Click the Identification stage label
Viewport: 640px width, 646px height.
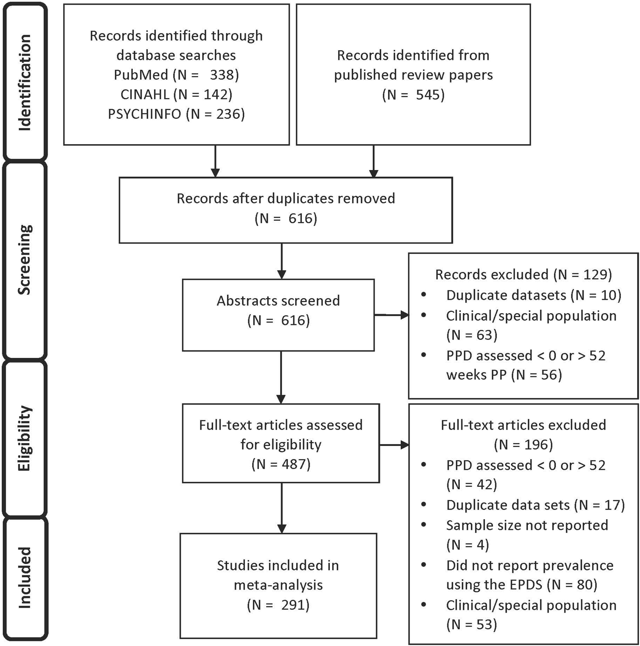(25, 82)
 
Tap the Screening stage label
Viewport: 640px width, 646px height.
(25, 260)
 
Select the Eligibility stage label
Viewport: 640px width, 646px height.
(25, 438)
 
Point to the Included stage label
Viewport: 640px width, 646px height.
(25, 578)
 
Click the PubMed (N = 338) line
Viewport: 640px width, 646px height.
(176, 75)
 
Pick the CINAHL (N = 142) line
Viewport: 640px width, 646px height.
(176, 94)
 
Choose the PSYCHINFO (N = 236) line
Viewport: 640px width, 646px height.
(176, 114)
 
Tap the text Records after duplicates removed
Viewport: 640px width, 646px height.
(286, 199)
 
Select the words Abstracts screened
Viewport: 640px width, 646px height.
(278, 301)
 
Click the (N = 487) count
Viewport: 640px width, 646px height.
(281, 464)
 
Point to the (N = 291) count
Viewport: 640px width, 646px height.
(278, 605)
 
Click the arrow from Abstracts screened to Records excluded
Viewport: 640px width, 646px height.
(392, 315)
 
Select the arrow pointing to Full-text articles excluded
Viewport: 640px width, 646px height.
(394, 445)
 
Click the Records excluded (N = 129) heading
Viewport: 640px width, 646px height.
(523, 275)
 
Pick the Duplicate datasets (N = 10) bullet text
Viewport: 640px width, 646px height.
(533, 295)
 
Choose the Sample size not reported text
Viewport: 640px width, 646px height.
(527, 525)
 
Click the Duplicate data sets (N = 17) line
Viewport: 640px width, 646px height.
(535, 505)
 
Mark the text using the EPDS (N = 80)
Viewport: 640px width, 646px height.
(522, 585)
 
